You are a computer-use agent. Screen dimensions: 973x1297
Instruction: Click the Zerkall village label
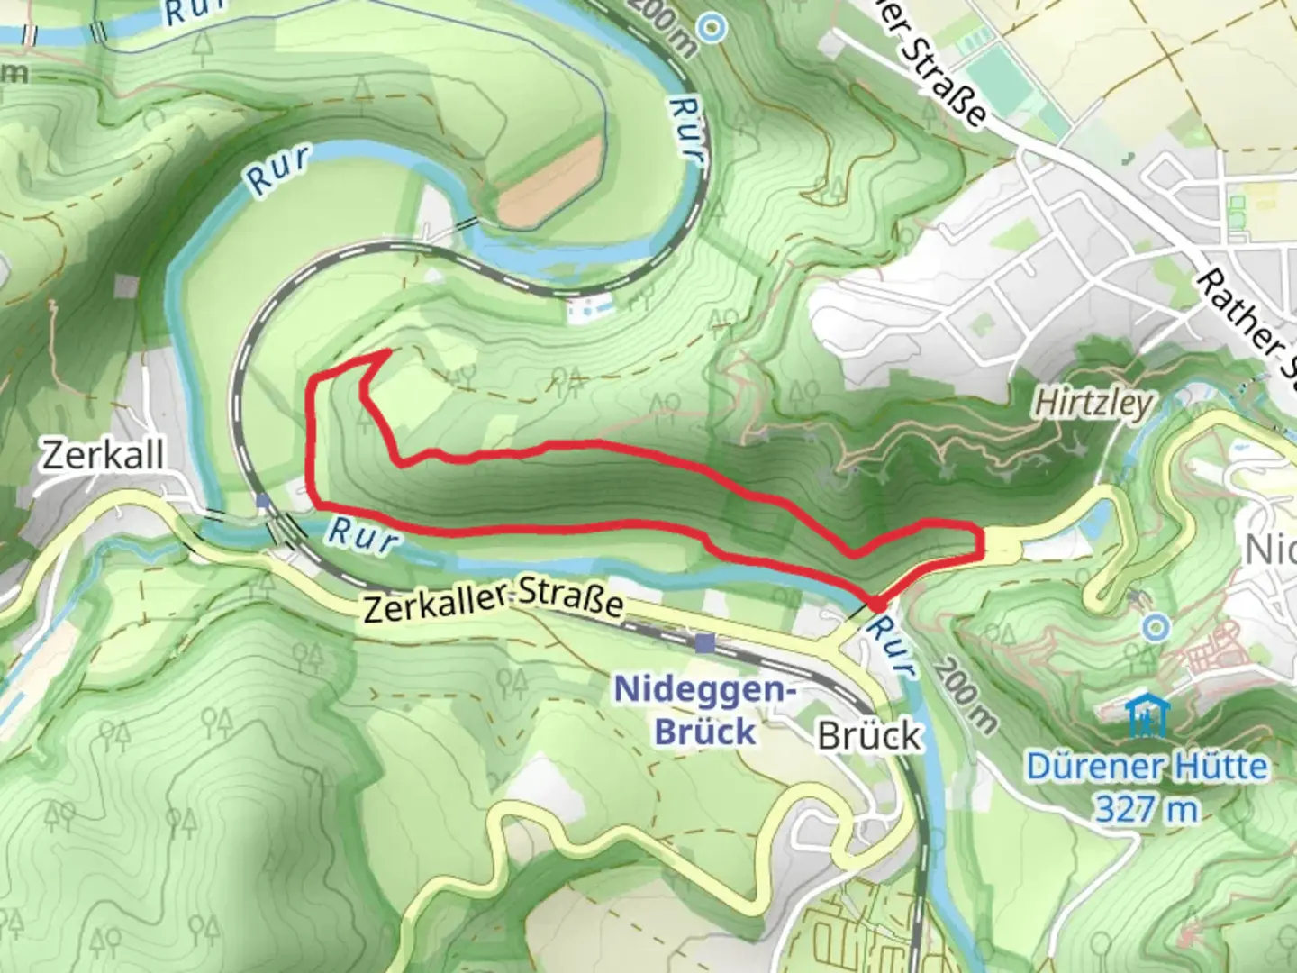(103, 455)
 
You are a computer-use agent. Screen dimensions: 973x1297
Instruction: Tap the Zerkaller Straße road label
(493, 603)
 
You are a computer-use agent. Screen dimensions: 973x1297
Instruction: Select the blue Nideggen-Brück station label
(705, 711)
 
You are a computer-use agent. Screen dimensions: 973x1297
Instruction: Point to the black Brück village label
(869, 736)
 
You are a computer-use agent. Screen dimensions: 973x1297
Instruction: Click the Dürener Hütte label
(1147, 767)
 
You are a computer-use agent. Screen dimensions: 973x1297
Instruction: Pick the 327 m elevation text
(1147, 808)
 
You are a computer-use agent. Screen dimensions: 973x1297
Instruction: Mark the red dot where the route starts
(875, 605)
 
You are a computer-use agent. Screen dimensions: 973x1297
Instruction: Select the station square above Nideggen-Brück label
(705, 642)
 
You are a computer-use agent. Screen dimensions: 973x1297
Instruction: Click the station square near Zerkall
(262, 500)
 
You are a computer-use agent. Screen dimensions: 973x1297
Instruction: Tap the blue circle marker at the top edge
(712, 27)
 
